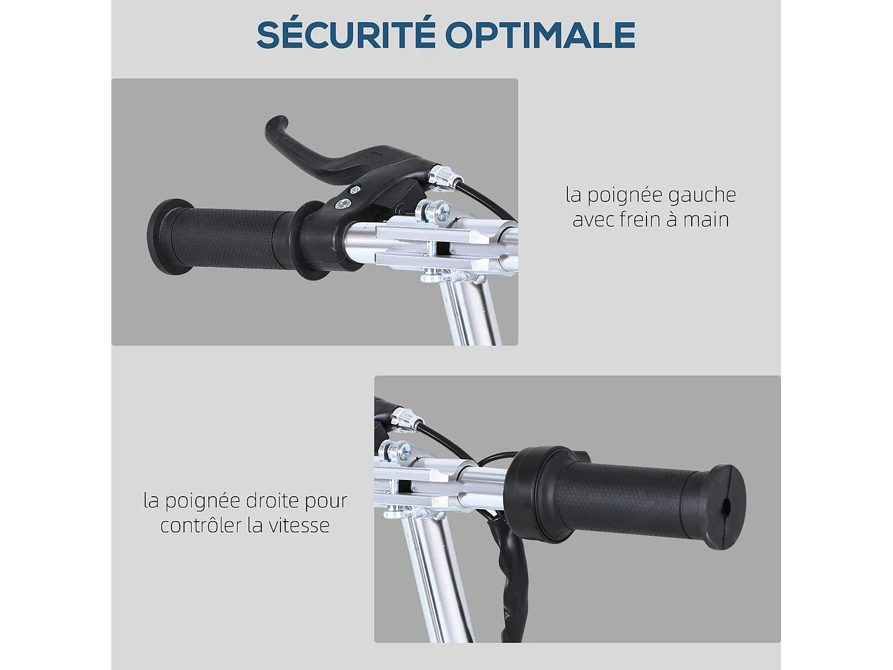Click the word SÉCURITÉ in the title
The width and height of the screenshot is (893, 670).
[346, 35]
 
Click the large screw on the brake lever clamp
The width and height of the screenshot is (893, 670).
[344, 204]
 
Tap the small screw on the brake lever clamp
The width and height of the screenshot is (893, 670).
[355, 190]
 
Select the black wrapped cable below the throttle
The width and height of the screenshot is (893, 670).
[509, 572]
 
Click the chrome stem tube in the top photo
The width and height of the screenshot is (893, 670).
[473, 310]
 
